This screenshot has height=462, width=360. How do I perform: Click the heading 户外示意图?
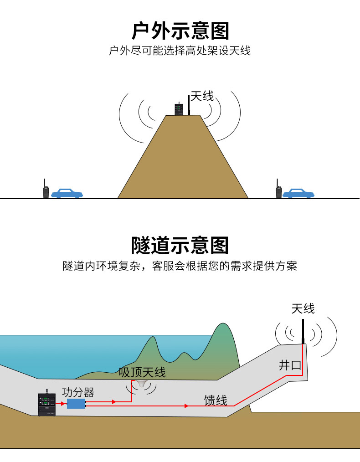(x=180, y=31)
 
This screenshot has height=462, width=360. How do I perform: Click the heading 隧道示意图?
(x=180, y=245)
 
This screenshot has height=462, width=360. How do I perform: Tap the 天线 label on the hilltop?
(x=202, y=96)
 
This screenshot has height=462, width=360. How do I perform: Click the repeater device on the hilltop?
(x=178, y=109)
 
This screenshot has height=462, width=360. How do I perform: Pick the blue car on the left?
(x=67, y=193)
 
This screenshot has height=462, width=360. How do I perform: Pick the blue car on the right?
(x=298, y=193)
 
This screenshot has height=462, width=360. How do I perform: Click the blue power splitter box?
(x=76, y=404)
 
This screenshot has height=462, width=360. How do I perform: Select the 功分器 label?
(x=78, y=392)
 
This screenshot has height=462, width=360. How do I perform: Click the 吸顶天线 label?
(x=142, y=372)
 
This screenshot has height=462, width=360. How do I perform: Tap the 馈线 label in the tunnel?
(x=216, y=400)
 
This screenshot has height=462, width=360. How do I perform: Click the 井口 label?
(x=290, y=365)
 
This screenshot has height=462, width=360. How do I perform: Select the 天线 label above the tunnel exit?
(x=303, y=308)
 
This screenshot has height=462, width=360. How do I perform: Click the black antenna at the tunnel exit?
(x=303, y=330)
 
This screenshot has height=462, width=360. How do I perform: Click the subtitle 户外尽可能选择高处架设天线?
(x=180, y=50)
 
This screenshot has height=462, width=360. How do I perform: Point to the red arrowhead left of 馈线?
(x=186, y=406)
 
